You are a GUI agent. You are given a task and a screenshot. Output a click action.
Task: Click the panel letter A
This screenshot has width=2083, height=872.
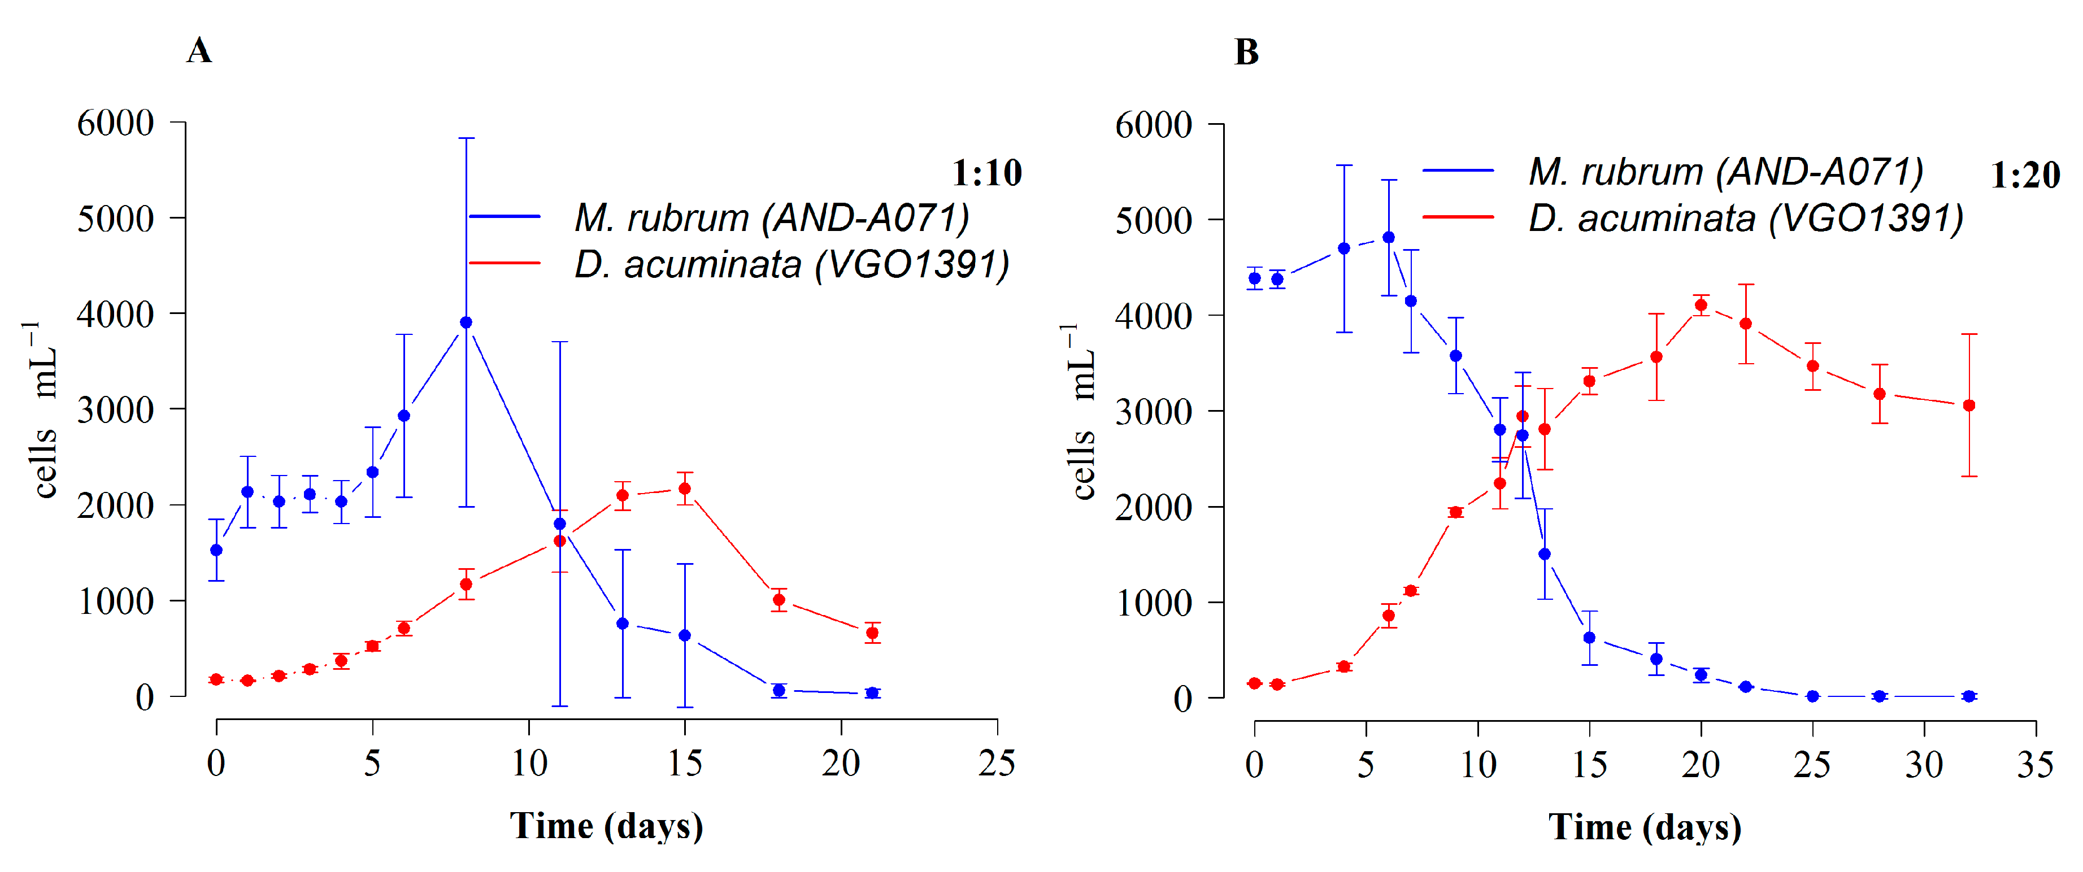point(199,50)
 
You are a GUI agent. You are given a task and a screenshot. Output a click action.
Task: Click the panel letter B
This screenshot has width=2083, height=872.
point(1246,52)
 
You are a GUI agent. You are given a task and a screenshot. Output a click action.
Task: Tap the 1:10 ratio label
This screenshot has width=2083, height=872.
point(986,173)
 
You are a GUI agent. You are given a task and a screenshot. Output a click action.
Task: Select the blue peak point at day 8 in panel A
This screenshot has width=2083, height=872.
point(466,322)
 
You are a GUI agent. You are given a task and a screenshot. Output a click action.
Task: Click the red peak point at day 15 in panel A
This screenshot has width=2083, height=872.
point(685,489)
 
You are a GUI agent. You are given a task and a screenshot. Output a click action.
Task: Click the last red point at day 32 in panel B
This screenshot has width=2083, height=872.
point(1969,406)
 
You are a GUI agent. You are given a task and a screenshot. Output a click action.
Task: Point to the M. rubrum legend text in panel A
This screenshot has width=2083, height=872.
point(771,217)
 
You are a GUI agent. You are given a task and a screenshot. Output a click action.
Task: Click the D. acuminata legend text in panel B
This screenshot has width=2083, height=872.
point(1745,218)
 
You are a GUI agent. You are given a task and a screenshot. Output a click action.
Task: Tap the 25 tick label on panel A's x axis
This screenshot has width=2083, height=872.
point(996,763)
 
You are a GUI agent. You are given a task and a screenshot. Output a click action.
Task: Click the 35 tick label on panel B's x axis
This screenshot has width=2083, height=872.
point(2034,765)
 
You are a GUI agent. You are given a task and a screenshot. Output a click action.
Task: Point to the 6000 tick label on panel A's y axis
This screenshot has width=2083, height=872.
point(116,123)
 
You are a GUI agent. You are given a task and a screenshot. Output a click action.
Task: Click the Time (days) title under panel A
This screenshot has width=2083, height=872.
point(606,826)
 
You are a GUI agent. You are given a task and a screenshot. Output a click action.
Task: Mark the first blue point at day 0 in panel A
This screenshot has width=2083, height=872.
point(216,550)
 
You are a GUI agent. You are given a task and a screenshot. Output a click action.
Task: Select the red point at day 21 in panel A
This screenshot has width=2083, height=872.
point(872,633)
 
